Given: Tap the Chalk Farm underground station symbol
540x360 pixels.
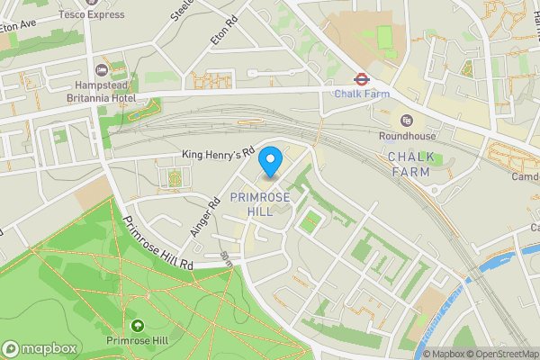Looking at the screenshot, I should pos(360,78).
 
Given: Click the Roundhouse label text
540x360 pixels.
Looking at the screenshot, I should pos(407,136).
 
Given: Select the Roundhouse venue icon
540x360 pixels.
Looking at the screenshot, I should pos(407,121).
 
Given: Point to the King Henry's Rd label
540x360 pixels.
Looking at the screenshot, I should pos(220,154).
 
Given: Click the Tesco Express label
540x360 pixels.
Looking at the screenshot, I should pos(92,14).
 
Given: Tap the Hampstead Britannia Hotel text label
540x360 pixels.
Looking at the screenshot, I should pos(101,91).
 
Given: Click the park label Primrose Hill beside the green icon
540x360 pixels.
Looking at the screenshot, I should pos(138,341).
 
